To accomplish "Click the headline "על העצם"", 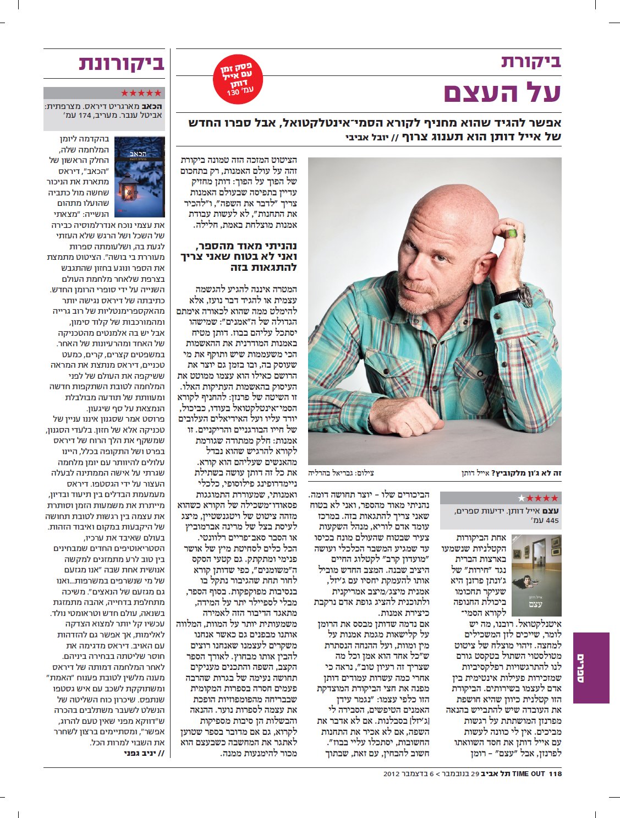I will point(502,92).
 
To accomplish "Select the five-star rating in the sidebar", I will point(141,93).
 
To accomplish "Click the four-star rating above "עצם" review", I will point(537,498).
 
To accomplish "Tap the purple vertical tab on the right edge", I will point(591,667).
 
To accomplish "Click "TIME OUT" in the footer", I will point(528,773).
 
